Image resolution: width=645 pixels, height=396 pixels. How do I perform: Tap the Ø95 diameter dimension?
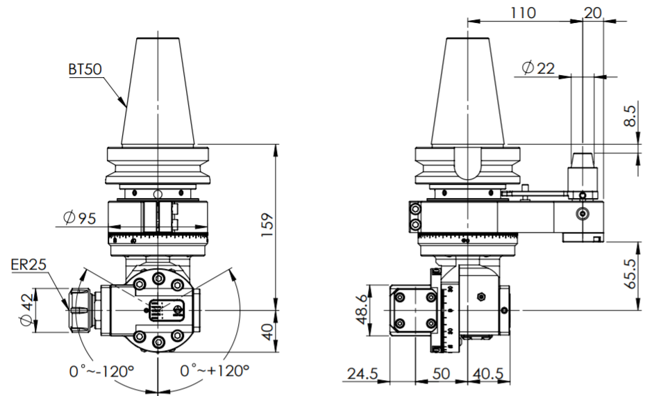pos(78,217)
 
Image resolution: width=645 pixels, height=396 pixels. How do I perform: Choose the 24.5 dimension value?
pos(362,374)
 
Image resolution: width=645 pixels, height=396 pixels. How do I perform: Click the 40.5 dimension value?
pos(488,374)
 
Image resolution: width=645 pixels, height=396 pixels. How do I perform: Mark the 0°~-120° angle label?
pos(101,371)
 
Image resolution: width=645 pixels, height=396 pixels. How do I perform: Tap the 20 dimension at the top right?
pos(594,12)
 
